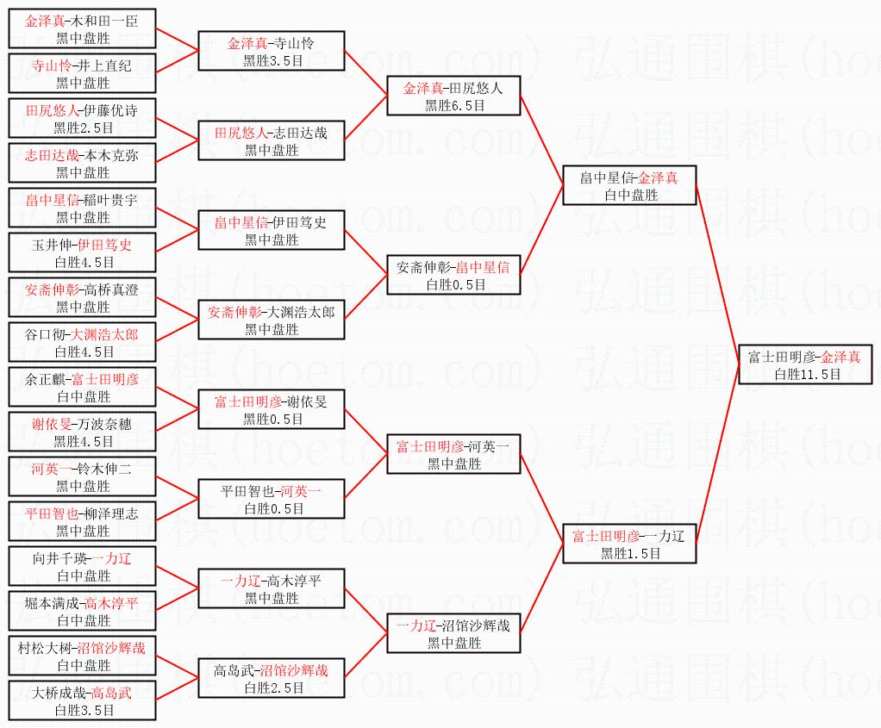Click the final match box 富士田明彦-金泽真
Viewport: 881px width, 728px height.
click(805, 364)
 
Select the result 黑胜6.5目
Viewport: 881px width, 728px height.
click(454, 105)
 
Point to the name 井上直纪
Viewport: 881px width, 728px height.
click(103, 65)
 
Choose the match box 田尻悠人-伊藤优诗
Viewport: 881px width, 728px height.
click(83, 119)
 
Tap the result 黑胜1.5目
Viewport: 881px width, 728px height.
click(630, 553)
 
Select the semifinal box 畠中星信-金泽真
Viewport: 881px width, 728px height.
click(629, 184)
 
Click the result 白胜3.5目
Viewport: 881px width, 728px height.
click(84, 710)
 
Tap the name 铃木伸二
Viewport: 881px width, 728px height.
click(106, 469)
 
